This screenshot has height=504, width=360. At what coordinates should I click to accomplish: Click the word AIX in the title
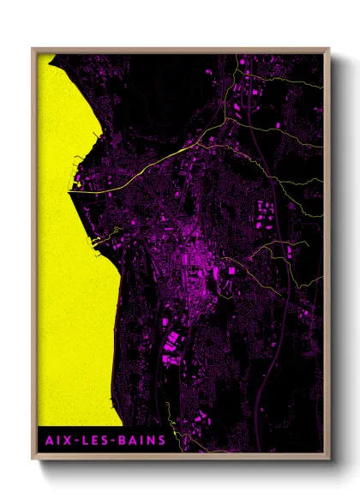[x=54, y=441]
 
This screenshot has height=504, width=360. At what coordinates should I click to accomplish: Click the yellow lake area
[x=69, y=257]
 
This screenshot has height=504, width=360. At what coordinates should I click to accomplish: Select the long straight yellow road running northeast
[x=146, y=168]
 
